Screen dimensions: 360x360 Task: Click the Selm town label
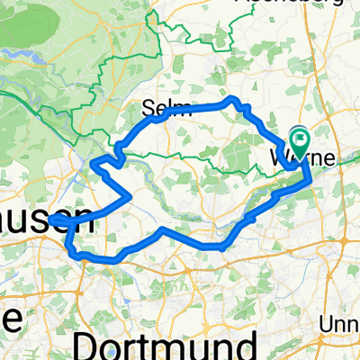click(167, 109)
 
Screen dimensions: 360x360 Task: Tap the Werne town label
click(302, 158)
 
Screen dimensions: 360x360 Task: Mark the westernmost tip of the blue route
click(50, 219)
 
